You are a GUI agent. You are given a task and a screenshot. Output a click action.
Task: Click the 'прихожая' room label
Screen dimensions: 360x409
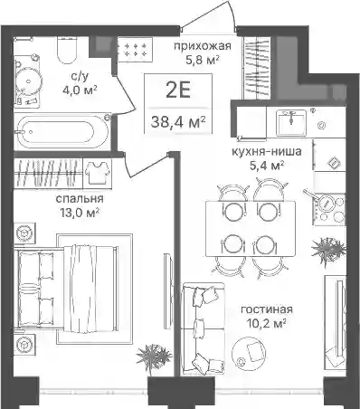point(203,46)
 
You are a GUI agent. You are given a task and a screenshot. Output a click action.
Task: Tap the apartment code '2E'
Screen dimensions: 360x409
point(178,90)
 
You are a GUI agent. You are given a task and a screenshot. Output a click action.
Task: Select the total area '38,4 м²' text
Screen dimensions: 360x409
point(178,121)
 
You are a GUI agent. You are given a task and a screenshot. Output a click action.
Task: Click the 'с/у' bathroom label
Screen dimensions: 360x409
point(80,77)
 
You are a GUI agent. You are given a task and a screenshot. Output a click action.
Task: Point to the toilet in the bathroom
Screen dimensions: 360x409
point(67,51)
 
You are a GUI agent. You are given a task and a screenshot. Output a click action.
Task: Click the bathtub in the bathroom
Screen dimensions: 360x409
point(62,131)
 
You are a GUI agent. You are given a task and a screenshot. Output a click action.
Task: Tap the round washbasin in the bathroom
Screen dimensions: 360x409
point(28,81)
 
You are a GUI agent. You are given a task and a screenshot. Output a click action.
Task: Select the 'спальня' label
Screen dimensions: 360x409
point(80,199)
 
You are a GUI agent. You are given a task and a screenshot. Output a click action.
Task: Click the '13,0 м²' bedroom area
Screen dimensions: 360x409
point(80,213)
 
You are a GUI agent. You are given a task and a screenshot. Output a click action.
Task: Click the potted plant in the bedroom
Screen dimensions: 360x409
point(154,357)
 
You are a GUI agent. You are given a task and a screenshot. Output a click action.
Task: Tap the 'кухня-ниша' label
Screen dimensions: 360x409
point(267,151)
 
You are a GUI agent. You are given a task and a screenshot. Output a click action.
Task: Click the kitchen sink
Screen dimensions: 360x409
point(290,121)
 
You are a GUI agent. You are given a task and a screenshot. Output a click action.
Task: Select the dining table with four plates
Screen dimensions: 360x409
point(251,229)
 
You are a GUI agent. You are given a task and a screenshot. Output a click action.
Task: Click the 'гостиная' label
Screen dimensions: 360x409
point(267,309)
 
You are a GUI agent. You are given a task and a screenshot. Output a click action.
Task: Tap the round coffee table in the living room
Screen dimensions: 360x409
point(249,351)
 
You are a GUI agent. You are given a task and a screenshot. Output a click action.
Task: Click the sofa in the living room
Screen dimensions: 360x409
point(204,329)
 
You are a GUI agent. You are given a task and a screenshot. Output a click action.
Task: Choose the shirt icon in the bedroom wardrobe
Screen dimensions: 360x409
point(97,172)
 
